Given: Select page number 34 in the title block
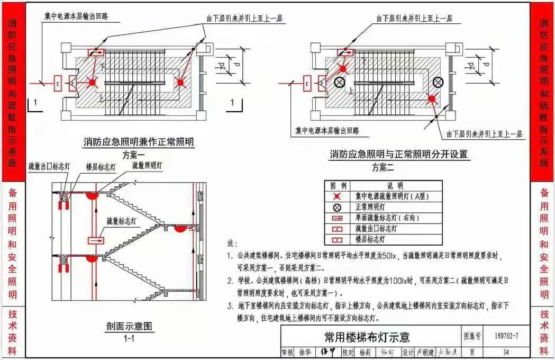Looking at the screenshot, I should point(506,352).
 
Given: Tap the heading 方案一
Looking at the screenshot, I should point(133,155).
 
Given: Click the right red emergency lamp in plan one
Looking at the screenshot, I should point(180,82).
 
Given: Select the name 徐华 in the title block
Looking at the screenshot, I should point(305,352).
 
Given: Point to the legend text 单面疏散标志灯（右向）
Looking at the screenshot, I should point(388,218).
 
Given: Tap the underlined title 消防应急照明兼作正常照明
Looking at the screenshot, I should point(139,142).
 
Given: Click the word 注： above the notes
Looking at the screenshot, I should point(232,244).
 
